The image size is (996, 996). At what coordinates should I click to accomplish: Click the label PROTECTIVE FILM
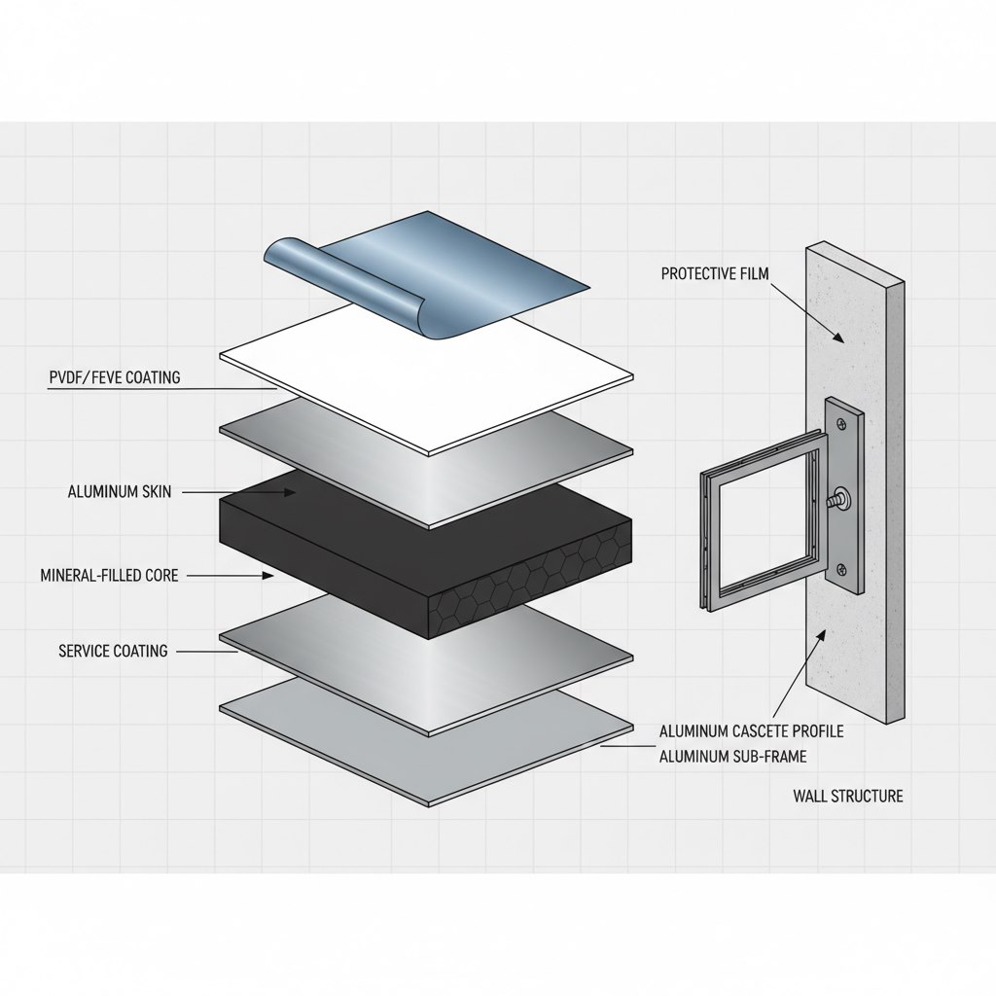(x=715, y=274)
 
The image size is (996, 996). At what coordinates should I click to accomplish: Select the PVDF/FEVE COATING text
(x=114, y=377)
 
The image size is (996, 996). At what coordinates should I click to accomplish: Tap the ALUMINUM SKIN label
(x=120, y=492)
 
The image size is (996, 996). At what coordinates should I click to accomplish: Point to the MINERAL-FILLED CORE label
(x=109, y=576)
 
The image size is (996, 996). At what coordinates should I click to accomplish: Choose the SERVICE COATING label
(x=113, y=650)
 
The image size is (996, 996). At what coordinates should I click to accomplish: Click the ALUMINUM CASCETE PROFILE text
(x=751, y=730)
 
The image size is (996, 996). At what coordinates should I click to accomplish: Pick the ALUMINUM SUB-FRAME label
(x=732, y=756)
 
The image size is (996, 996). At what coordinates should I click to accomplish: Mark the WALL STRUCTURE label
(x=847, y=796)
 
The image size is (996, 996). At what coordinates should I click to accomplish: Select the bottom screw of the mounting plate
(x=841, y=570)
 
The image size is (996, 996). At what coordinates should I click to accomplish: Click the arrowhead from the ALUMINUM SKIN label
(x=291, y=493)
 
